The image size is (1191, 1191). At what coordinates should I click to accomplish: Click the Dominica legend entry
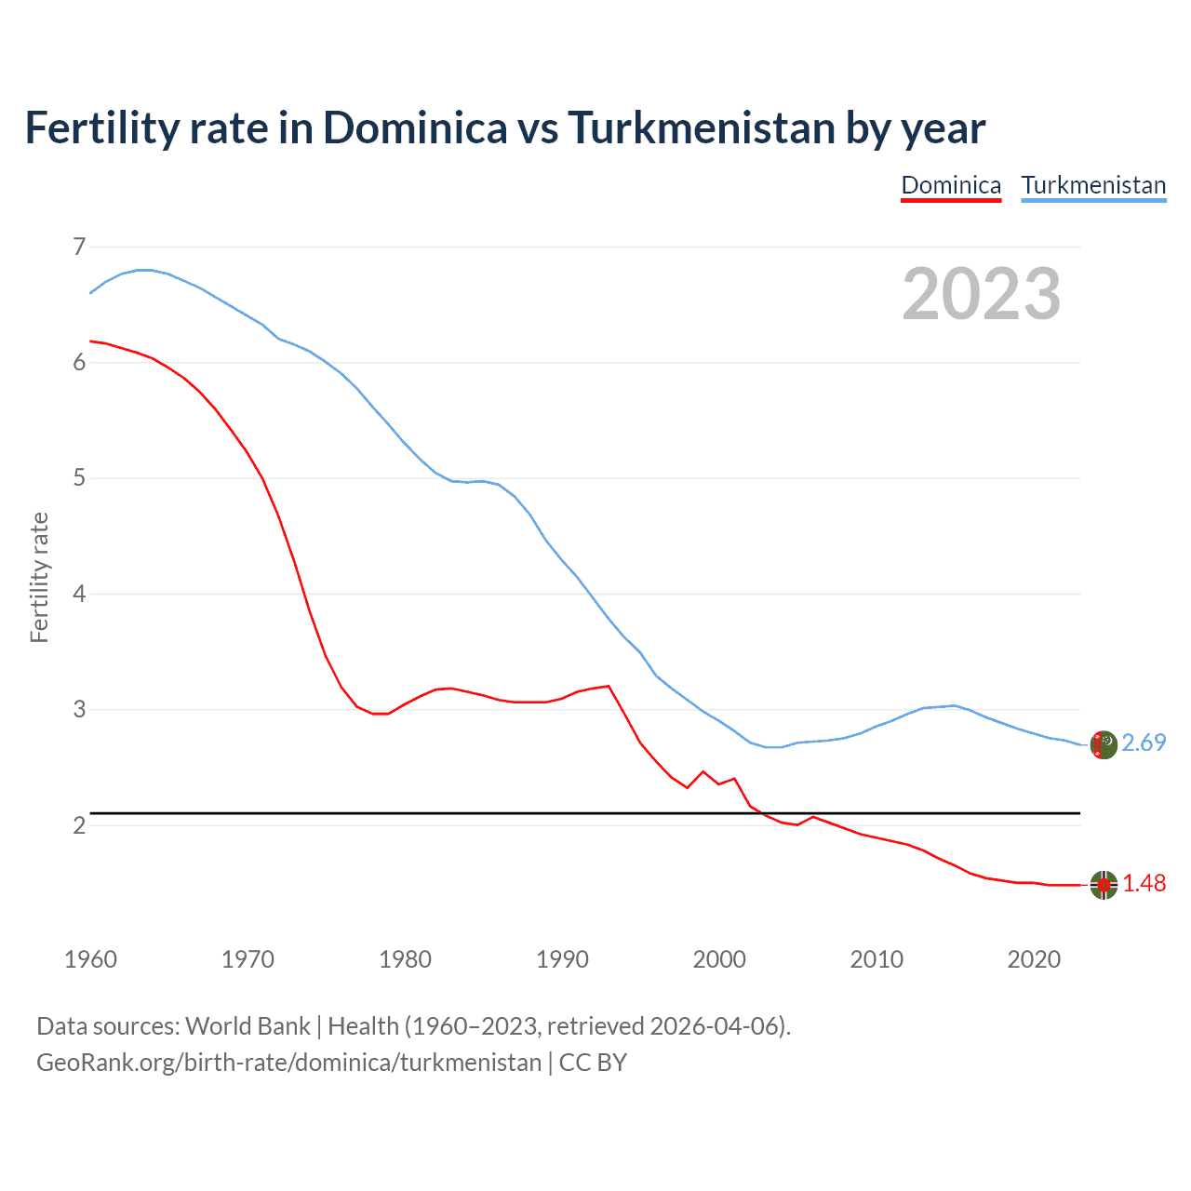tap(951, 185)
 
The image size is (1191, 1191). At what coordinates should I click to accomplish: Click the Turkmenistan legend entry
tap(1093, 185)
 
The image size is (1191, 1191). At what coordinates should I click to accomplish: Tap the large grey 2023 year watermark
tap(981, 294)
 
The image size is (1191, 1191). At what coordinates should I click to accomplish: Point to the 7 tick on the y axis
tap(79, 247)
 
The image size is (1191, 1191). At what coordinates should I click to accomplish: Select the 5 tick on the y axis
tap(79, 478)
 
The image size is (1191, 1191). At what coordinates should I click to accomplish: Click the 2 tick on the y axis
tap(79, 825)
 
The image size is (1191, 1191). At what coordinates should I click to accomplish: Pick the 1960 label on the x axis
tap(90, 959)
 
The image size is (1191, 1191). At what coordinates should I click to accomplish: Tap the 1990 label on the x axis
tap(562, 959)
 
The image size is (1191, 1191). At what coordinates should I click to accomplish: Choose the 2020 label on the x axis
tap(1034, 959)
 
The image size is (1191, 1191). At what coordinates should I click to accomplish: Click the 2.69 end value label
tap(1144, 743)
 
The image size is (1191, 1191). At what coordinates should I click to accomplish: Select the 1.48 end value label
tap(1144, 883)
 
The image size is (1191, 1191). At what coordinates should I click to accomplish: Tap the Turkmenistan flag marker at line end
tap(1103, 745)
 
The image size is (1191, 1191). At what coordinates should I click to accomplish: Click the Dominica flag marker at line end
tap(1103, 885)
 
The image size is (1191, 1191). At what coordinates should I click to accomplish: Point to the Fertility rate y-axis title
tap(39, 577)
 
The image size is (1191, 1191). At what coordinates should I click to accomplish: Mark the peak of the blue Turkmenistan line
tap(144, 270)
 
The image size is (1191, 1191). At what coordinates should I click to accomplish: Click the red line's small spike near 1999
tap(703, 771)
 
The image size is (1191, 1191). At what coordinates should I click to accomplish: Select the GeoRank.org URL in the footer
tap(288, 1063)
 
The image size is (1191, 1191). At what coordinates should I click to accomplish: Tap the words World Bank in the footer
tap(248, 1026)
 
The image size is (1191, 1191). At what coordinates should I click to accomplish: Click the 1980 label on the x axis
tap(405, 959)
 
